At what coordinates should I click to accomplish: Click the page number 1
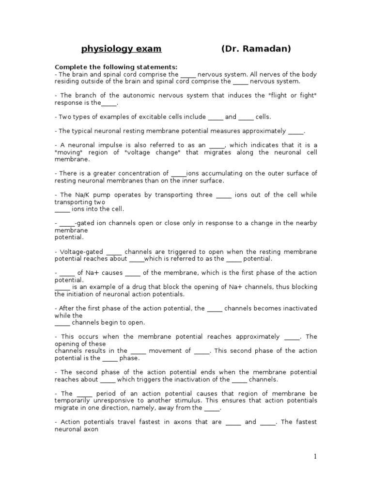click(315, 456)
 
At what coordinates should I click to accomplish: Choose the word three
click(202, 195)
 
